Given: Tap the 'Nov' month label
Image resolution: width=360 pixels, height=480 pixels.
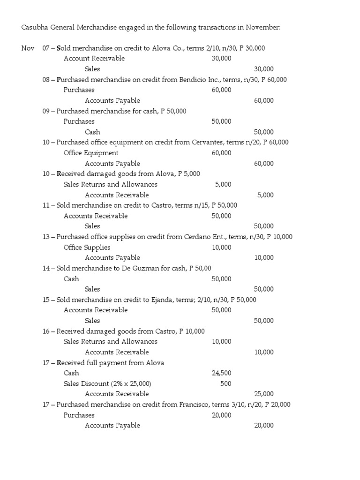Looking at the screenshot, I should [28, 48].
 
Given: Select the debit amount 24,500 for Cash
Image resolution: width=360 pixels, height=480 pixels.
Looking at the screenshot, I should [221, 373].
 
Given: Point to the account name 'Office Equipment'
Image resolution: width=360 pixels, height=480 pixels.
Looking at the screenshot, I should [91, 153].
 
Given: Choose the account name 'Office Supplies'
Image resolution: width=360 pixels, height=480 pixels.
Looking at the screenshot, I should [87, 247].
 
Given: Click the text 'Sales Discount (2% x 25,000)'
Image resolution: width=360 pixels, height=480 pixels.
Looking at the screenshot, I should [107, 383].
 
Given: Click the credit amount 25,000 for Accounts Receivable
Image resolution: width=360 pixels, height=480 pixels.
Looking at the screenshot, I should [264, 394].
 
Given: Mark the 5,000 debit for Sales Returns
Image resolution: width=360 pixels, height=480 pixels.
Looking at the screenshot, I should [223, 185].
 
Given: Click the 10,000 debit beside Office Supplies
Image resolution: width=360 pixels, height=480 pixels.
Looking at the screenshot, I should [221, 247].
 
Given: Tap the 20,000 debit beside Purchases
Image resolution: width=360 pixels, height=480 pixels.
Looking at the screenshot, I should [221, 415].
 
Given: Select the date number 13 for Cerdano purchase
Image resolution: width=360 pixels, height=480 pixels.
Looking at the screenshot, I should [46, 237].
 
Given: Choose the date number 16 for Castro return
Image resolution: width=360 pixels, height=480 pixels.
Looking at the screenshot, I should [46, 331].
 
